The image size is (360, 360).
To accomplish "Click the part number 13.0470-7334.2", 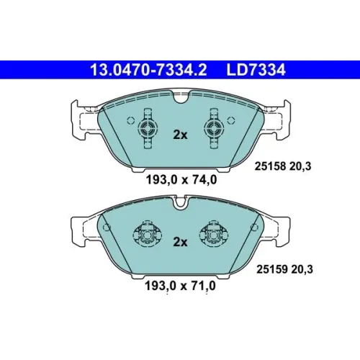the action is click(x=148, y=70).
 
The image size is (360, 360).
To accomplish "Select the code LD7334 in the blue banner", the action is click(x=256, y=70).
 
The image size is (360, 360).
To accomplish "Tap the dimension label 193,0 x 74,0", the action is click(x=181, y=179).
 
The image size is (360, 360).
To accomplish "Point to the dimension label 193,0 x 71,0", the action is click(x=180, y=286).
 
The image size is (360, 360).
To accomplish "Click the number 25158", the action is click(x=270, y=166).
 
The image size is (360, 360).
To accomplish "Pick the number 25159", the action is click(x=272, y=269).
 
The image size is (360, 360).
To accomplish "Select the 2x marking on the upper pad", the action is click(x=180, y=135).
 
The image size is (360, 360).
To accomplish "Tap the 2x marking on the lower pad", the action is click(x=180, y=242).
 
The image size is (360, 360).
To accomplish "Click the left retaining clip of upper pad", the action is click(x=148, y=128).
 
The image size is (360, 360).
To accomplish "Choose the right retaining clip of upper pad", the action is click(x=214, y=128).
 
